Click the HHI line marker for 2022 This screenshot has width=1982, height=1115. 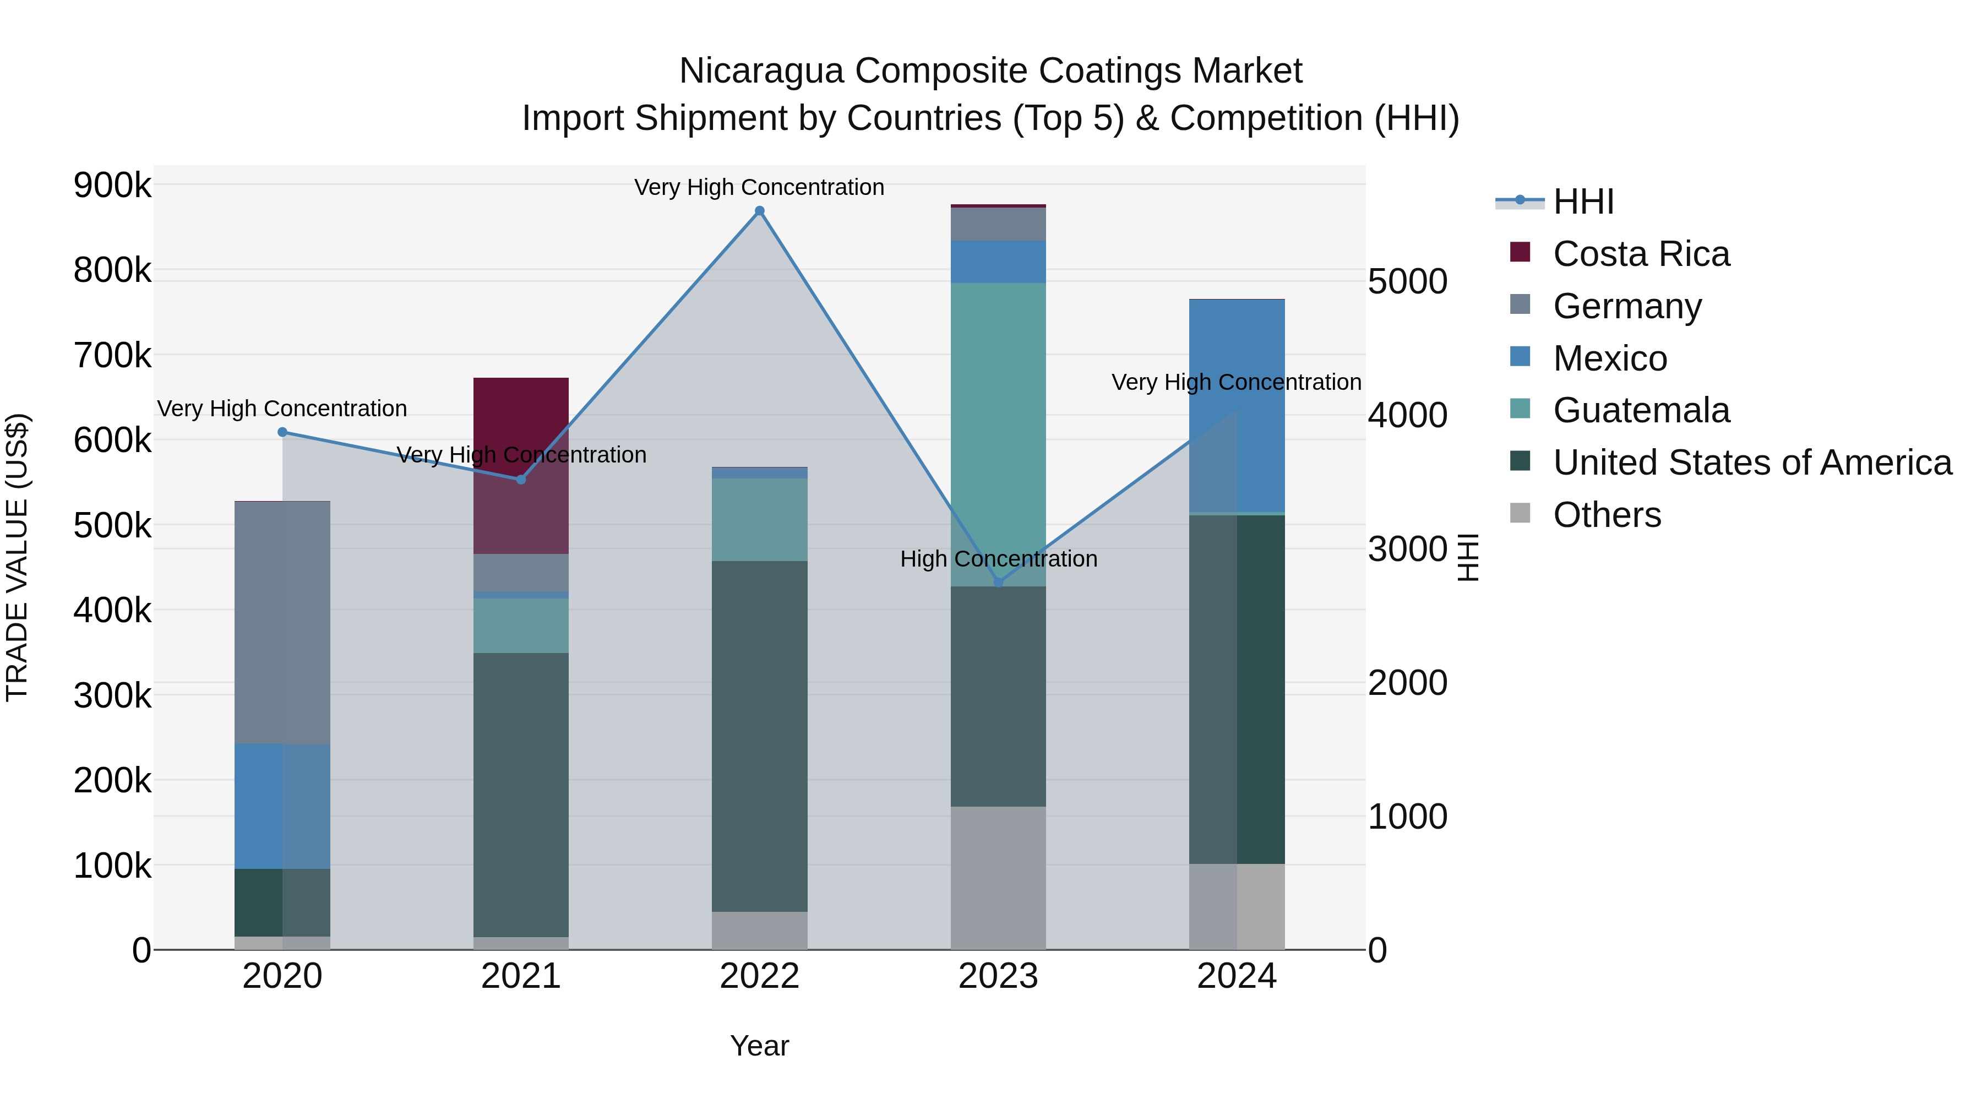click(759, 211)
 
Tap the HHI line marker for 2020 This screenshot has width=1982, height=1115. click(282, 432)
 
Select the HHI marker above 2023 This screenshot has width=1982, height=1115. click(999, 583)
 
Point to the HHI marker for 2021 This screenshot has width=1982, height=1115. click(521, 480)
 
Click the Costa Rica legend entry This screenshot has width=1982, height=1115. click(1641, 254)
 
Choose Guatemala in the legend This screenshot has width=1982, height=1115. click(1641, 410)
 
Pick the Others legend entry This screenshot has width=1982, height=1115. click(1607, 515)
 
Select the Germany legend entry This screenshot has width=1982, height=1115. click(1627, 306)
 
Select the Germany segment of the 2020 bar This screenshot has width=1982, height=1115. click(282, 623)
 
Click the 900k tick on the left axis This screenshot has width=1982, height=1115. click(112, 186)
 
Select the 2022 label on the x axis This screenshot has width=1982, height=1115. click(759, 976)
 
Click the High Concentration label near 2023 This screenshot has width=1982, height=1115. click(999, 559)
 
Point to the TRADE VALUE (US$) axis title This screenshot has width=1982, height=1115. click(18, 557)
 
